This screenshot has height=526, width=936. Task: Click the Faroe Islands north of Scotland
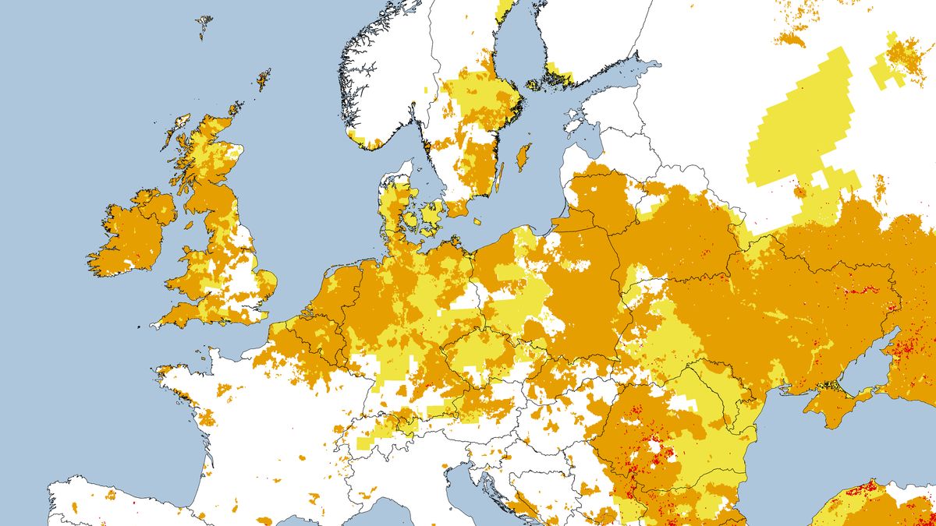[204, 26]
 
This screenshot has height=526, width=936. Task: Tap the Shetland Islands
[264, 79]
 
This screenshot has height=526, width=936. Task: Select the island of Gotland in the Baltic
[523, 155]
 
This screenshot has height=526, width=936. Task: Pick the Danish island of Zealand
[431, 212]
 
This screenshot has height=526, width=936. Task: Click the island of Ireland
[129, 234]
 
